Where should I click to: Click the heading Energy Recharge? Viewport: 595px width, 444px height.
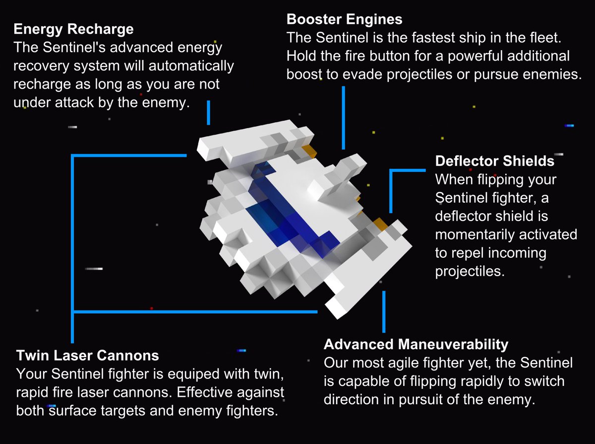point(73,29)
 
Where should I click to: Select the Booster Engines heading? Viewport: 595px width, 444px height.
point(344,20)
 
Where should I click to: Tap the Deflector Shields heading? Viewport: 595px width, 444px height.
point(494,161)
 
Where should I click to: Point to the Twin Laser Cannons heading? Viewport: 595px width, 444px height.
point(88,355)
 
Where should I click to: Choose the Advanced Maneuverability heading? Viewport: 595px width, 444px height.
point(416,344)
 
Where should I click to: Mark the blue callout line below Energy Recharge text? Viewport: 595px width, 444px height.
point(208,112)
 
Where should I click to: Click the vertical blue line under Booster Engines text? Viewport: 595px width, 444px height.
point(343,117)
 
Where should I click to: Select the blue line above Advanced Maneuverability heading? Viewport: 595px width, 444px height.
point(383,311)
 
